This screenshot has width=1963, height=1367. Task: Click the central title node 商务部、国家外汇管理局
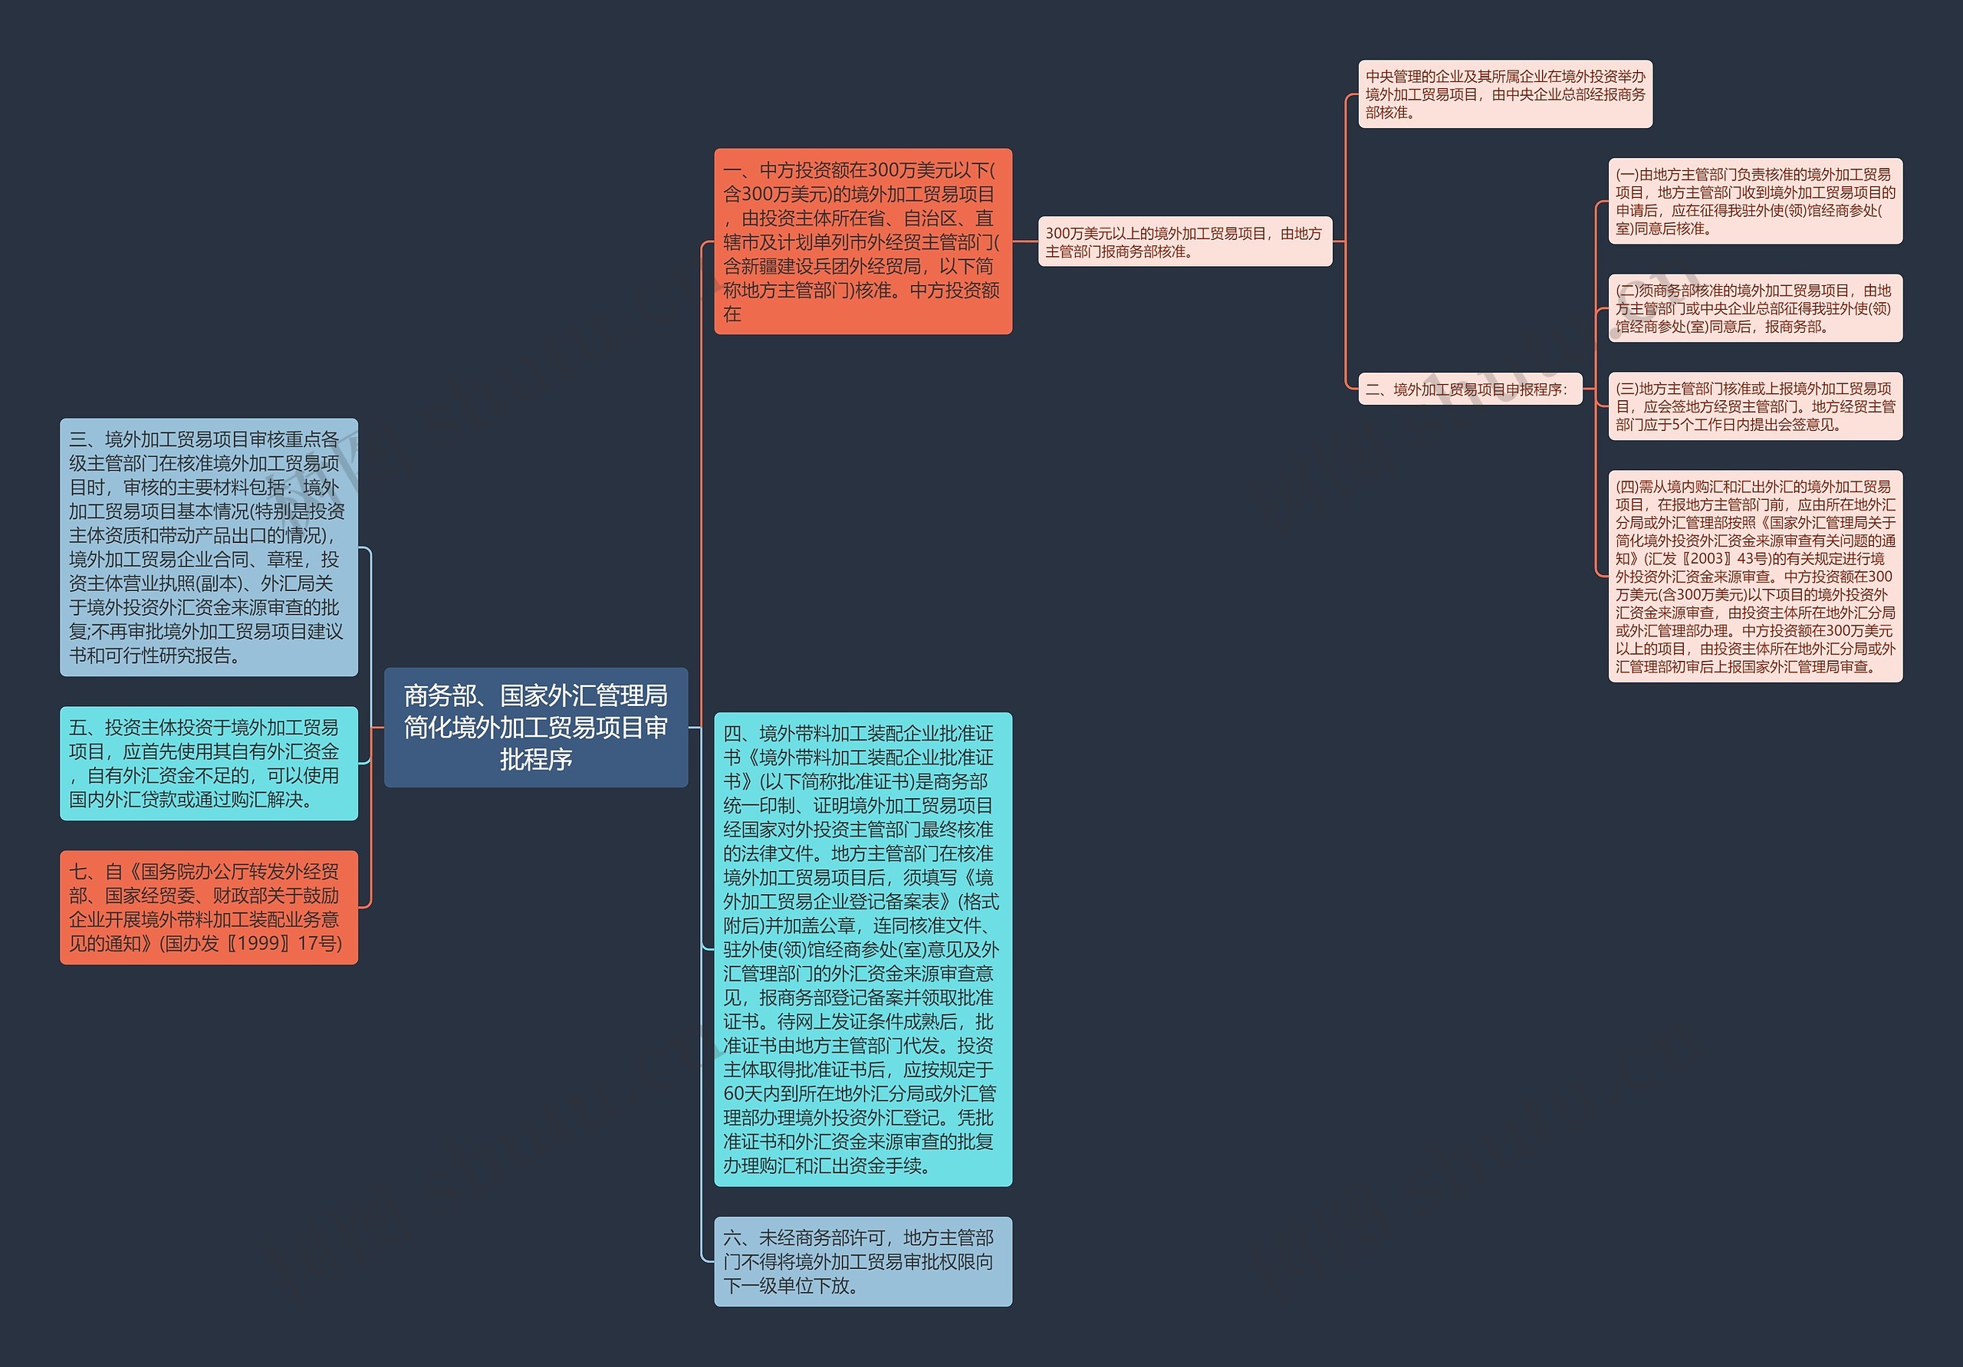point(535,727)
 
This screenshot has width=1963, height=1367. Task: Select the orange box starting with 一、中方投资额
point(862,241)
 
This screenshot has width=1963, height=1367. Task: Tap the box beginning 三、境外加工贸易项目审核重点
point(208,547)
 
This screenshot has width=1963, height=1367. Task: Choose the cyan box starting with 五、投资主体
point(208,763)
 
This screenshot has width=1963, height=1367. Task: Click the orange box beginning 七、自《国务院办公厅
point(208,907)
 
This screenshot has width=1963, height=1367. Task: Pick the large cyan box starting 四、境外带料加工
point(862,949)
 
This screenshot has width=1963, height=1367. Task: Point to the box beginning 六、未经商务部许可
point(862,1261)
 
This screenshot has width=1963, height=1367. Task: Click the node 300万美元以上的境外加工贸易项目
point(1184,242)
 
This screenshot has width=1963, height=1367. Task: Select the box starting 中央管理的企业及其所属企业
point(1504,94)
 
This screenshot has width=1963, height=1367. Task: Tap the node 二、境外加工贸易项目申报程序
point(1469,389)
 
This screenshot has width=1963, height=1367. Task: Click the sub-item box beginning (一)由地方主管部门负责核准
point(1754,201)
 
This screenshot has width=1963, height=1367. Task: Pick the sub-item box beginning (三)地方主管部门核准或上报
point(1754,406)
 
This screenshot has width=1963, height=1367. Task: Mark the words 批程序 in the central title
point(535,759)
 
